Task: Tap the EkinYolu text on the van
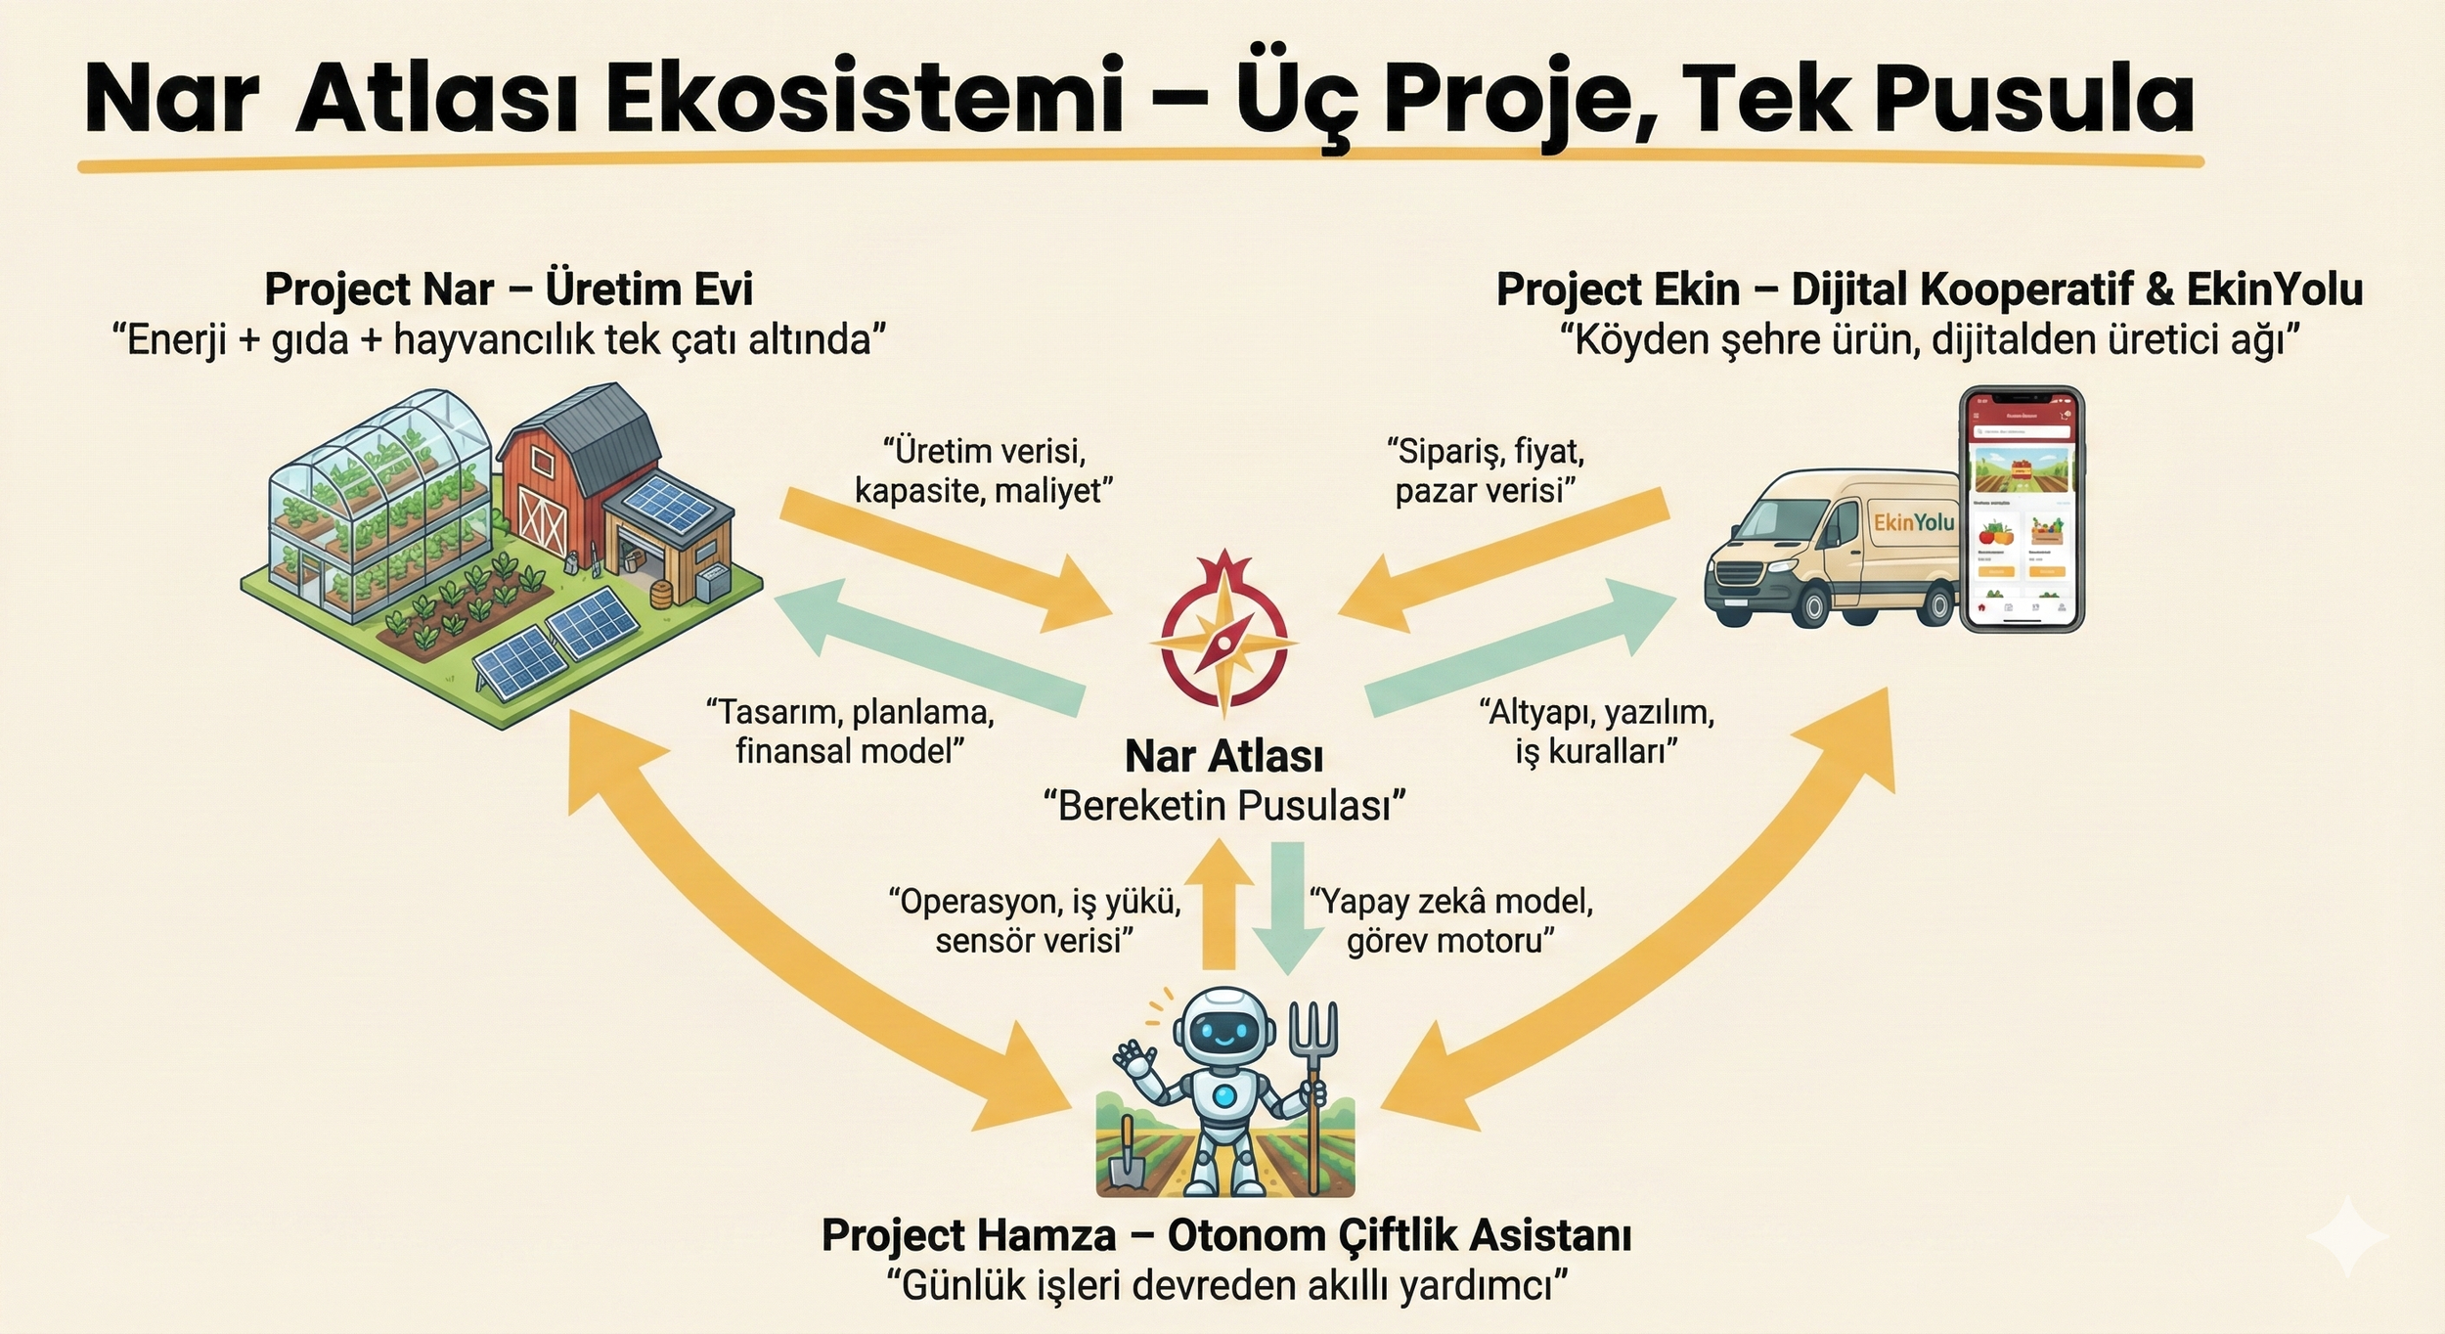pos(1913,523)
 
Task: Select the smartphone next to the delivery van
pos(2022,509)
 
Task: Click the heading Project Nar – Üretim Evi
pos(509,289)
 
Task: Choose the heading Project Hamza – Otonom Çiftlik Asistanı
pos(1226,1235)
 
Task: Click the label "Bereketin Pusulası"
pos(1224,806)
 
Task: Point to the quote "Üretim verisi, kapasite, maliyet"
pos(984,470)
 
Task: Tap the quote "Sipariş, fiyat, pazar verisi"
pos(1486,470)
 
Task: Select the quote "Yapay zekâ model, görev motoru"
pos(1451,920)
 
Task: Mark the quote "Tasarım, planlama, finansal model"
pos(850,732)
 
